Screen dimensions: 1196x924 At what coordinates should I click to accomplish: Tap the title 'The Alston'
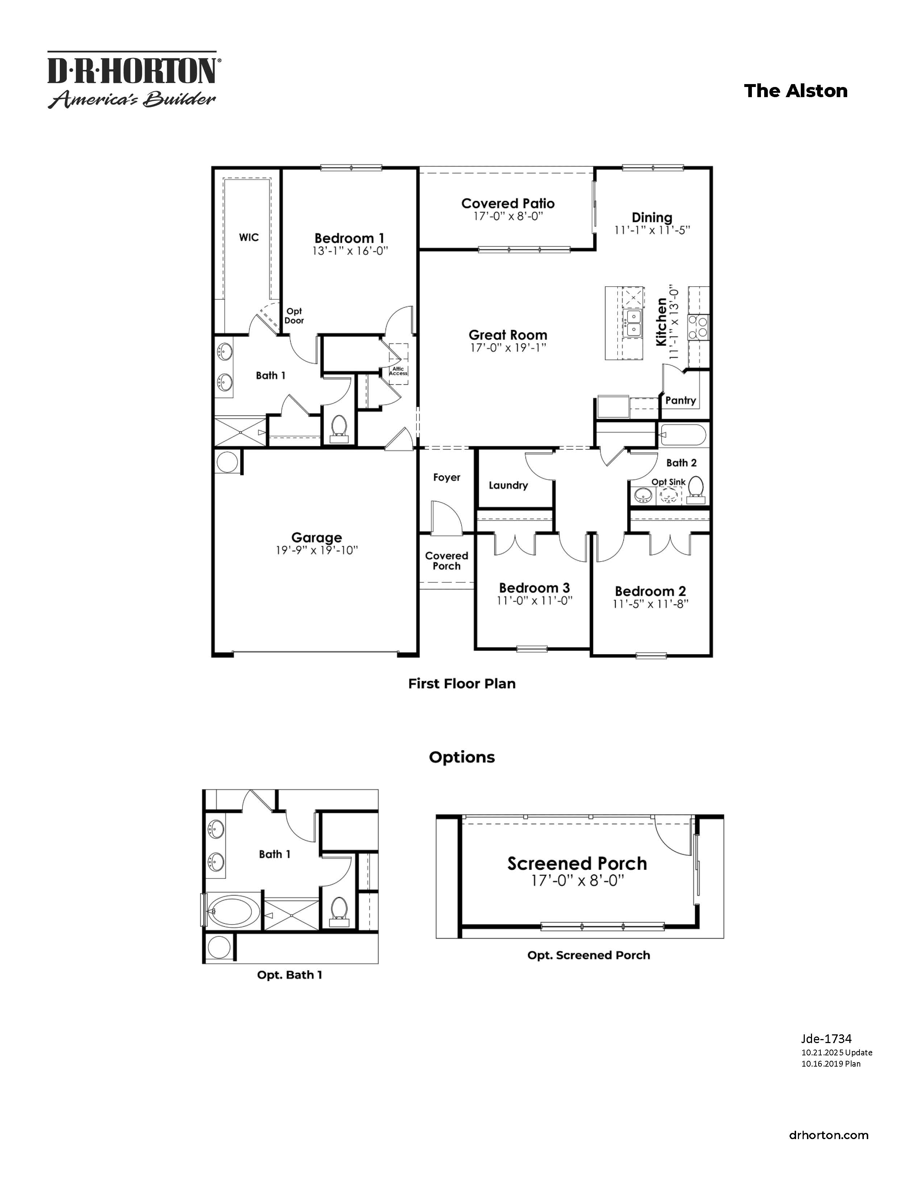click(x=795, y=91)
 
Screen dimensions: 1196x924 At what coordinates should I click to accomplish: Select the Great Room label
click(x=507, y=335)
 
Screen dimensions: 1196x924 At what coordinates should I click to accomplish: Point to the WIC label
click(x=249, y=237)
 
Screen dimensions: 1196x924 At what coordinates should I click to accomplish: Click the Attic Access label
click(x=398, y=371)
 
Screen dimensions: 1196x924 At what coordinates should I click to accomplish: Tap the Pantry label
click(x=680, y=400)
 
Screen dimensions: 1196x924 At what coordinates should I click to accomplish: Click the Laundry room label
click(x=508, y=485)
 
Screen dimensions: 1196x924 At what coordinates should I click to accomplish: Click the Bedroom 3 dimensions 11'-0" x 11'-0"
click(x=534, y=601)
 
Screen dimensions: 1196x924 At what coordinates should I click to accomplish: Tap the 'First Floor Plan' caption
click(x=461, y=684)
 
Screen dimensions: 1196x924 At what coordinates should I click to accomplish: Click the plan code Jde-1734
click(x=826, y=1039)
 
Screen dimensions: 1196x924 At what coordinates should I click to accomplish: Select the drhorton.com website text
click(x=828, y=1135)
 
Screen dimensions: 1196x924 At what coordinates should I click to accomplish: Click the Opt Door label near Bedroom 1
click(x=294, y=316)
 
